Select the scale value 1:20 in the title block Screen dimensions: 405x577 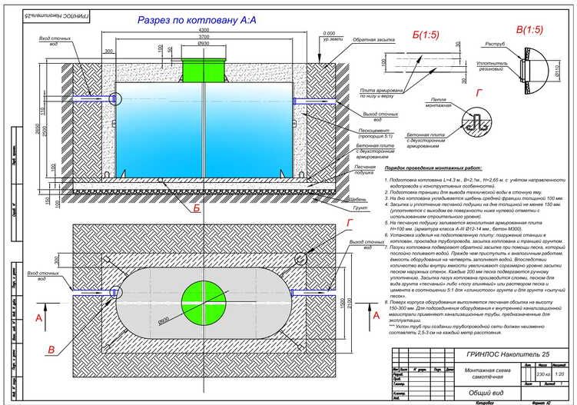559,374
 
